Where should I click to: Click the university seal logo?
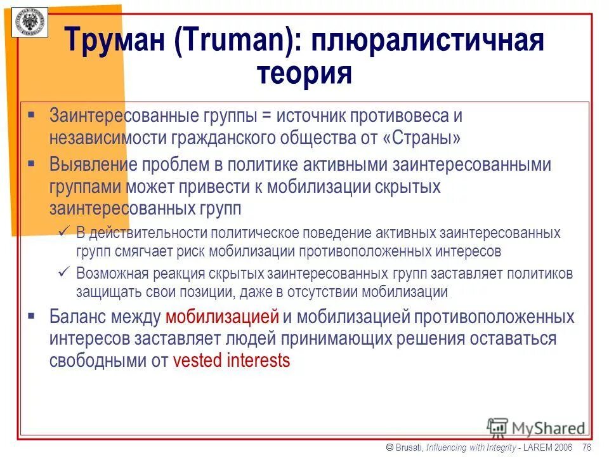(28, 22)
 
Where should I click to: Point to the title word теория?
(304, 73)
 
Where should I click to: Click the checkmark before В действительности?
(63, 233)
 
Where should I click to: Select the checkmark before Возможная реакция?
(63, 274)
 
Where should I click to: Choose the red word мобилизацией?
(222, 317)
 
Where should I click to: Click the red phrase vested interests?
(231, 361)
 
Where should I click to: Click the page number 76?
(586, 447)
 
